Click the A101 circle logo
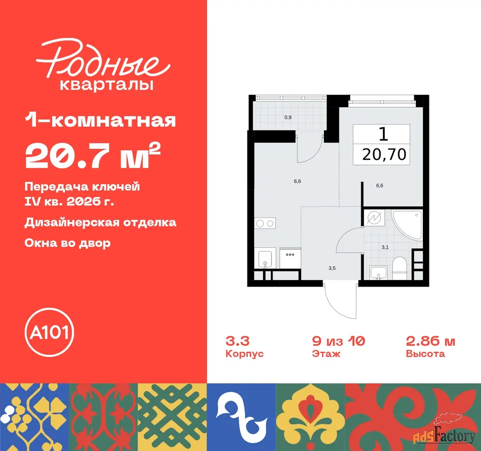click(x=49, y=332)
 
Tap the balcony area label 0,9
click(x=288, y=117)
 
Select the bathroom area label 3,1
click(x=385, y=247)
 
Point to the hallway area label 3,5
click(x=332, y=268)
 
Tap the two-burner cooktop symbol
click(x=265, y=223)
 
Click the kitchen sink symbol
click(x=265, y=260)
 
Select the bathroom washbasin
click(x=379, y=273)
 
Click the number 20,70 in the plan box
click(x=384, y=154)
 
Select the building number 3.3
click(x=237, y=341)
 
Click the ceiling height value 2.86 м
click(x=430, y=341)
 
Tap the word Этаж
click(x=326, y=354)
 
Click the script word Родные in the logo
click(x=103, y=59)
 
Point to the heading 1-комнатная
click(x=100, y=121)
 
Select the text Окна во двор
click(x=68, y=244)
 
